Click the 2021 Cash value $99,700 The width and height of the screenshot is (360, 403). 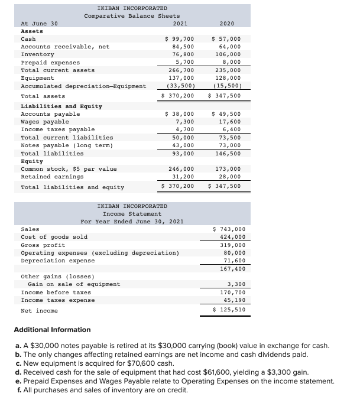[179, 38]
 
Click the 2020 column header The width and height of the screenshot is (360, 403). [227, 23]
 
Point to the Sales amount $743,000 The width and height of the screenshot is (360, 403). [228, 229]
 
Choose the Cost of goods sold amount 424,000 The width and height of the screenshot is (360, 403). [229, 237]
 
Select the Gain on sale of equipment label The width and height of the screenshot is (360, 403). [74, 284]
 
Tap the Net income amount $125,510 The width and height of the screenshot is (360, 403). [228, 310]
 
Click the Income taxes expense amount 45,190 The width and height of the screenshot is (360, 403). [231, 300]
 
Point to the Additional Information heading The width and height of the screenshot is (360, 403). [52, 330]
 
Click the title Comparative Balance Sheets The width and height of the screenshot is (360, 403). [132, 15]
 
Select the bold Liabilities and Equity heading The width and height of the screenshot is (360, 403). [61, 106]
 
